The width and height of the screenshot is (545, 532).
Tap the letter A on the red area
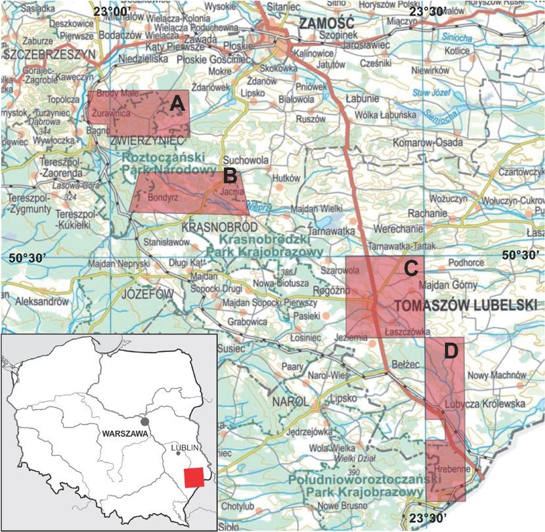[176, 103]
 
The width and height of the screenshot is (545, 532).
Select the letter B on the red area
[230, 175]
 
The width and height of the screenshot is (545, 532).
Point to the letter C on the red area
[410, 268]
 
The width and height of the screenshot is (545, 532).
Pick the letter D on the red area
[450, 351]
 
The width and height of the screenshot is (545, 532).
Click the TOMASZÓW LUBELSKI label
[455, 305]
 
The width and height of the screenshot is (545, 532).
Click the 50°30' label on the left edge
[28, 258]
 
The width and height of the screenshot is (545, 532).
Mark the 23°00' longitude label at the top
[111, 11]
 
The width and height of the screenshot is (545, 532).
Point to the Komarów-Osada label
[427, 143]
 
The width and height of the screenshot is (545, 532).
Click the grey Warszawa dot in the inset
[144, 420]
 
